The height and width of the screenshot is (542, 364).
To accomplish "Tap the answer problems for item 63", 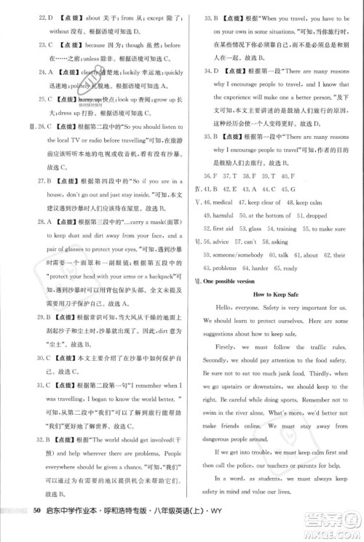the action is [222, 268].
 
